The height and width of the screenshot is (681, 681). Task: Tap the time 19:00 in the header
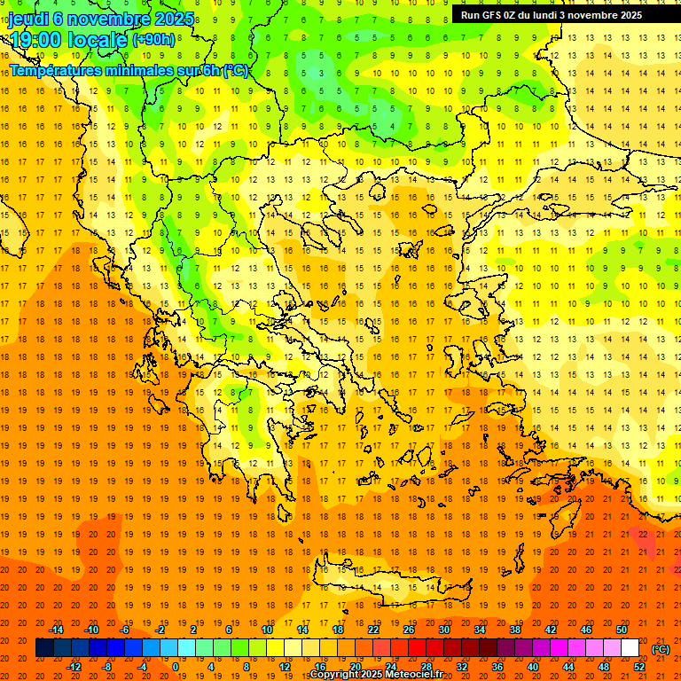click(37, 39)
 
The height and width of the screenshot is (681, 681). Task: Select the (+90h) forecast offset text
click(153, 39)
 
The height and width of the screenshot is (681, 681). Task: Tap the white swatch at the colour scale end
click(630, 648)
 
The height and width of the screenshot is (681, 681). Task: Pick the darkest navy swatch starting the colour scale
click(44, 648)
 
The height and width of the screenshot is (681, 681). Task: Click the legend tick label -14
click(59, 629)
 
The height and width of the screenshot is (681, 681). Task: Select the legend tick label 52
click(639, 667)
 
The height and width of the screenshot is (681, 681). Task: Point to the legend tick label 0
click(175, 667)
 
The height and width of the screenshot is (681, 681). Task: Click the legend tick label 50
click(621, 629)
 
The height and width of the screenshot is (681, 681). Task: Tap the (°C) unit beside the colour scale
click(661, 648)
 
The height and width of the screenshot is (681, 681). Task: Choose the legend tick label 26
click(409, 629)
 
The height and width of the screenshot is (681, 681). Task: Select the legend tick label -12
click(75, 667)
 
